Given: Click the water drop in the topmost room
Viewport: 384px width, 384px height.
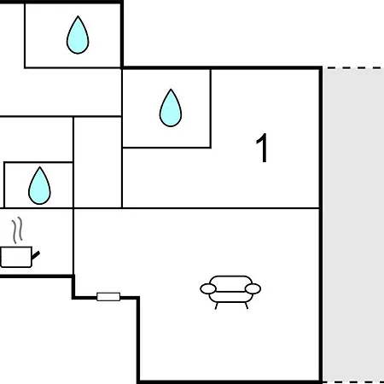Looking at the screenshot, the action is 78,36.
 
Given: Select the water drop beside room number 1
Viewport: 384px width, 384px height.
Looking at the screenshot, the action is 171,108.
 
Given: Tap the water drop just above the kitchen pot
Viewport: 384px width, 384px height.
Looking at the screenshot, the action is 39,186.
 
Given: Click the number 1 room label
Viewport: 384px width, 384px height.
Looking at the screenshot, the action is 262,148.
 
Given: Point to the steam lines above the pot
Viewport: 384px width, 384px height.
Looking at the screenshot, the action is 17,230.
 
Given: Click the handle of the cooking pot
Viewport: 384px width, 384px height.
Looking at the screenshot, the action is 36,255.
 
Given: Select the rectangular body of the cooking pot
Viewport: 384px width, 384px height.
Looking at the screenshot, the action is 16,257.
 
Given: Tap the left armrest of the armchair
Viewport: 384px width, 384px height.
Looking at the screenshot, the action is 208,288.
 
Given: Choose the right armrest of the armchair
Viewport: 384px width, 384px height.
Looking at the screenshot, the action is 253,288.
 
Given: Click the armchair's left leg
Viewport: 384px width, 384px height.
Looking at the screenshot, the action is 216,305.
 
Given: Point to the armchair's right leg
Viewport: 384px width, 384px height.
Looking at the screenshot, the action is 247,305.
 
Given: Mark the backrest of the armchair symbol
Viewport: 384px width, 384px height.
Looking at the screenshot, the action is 230,280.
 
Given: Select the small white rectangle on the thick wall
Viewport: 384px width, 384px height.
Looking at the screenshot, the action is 108,297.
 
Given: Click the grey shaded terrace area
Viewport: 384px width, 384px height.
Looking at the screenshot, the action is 353,225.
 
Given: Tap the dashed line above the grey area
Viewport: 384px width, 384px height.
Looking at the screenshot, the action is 354,68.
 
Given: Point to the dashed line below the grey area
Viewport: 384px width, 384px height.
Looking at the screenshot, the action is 354,382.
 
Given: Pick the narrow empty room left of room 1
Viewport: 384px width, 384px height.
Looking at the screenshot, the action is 97,162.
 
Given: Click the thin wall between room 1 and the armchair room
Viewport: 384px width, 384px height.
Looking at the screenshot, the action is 221,208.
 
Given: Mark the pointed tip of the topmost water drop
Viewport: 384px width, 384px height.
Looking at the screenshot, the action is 78,16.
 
